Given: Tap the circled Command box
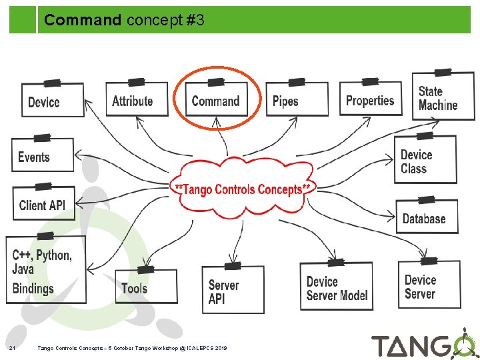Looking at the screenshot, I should (216, 100).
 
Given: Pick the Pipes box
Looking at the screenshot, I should (297, 100).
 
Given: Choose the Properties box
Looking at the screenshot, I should (371, 99).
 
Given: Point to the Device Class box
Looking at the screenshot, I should (425, 161).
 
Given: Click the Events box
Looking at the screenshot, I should (42, 157).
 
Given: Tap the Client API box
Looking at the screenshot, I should (43, 203).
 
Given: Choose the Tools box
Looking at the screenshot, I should (146, 287).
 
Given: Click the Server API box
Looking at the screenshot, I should (233, 291).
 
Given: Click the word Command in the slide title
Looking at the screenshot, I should (83, 21).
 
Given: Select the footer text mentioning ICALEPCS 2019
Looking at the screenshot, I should (132, 348).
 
